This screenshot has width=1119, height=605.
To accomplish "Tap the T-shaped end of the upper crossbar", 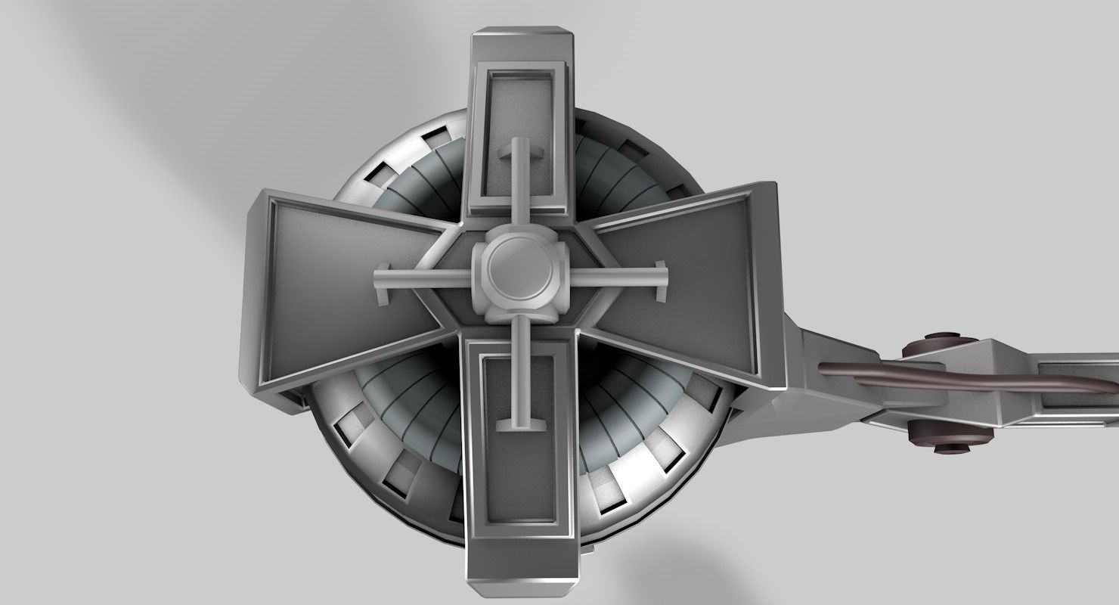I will click(520, 154).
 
